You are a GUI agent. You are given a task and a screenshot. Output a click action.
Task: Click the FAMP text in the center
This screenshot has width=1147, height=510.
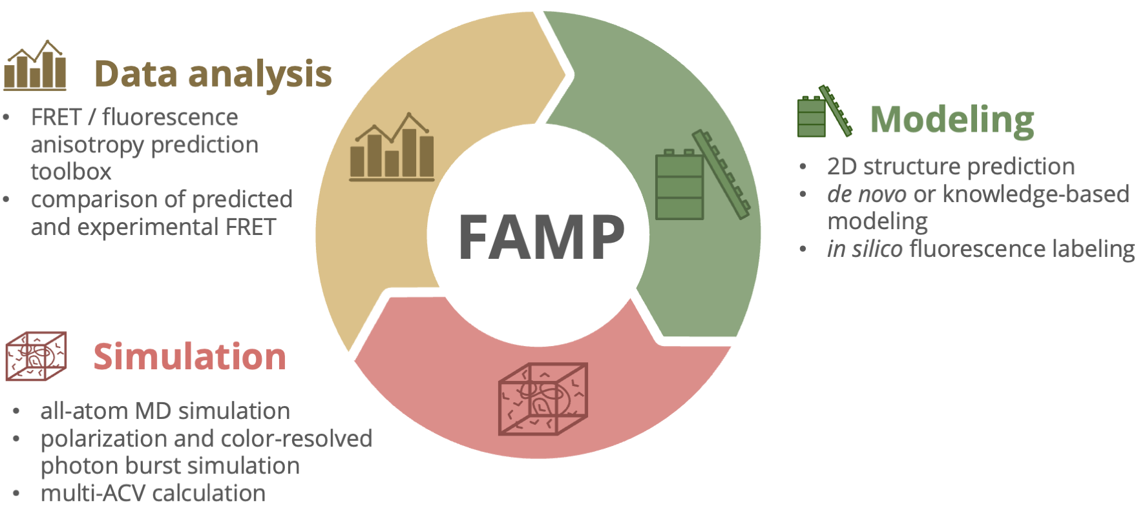click(x=542, y=238)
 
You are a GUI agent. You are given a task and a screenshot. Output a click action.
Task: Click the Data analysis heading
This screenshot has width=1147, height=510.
click(x=213, y=74)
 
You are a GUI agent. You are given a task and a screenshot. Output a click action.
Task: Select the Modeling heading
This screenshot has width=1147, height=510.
click(x=952, y=120)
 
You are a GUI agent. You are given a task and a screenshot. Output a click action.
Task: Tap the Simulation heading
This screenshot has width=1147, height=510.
click(x=189, y=357)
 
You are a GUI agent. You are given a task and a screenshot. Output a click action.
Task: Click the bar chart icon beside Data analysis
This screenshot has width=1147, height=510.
click(x=35, y=66)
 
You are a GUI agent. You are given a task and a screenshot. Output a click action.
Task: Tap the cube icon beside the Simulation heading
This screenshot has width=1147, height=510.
click(x=36, y=356)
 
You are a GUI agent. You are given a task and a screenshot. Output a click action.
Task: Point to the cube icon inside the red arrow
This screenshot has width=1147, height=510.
click(x=543, y=398)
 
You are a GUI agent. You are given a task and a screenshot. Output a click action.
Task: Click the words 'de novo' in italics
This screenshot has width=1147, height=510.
click(x=867, y=194)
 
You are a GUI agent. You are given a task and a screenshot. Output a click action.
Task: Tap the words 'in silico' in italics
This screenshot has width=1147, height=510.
click(x=864, y=249)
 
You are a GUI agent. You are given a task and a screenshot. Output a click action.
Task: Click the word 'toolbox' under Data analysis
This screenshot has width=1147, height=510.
click(x=71, y=172)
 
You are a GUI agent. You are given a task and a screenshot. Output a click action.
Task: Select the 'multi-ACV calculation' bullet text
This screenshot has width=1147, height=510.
click(x=153, y=493)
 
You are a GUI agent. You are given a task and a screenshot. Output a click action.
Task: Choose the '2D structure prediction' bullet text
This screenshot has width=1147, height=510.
click(x=951, y=167)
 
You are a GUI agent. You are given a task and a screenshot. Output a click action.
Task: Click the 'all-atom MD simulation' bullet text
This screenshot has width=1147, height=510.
click(x=165, y=411)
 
